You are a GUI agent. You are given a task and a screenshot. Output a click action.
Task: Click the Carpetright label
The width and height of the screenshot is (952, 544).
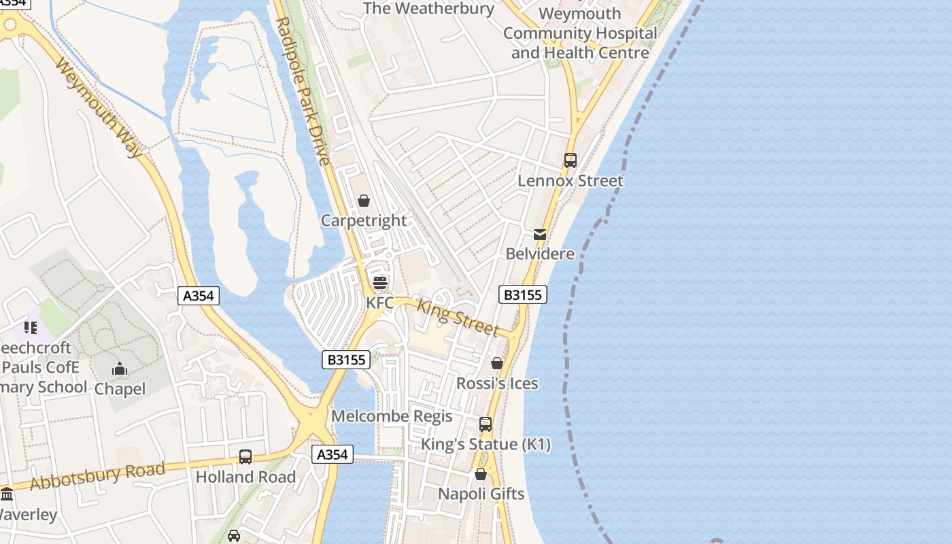[364, 220]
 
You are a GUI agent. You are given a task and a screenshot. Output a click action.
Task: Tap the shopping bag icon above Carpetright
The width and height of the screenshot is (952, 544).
[364, 201]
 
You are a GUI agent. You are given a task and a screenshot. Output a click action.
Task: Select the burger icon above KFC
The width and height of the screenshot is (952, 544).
[380, 282]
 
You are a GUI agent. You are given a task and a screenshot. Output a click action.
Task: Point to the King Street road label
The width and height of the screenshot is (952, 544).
[458, 318]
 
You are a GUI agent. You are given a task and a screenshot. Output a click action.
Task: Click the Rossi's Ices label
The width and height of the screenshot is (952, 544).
[497, 384]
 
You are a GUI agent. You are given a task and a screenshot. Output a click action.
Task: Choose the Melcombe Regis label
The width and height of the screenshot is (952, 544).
[392, 416]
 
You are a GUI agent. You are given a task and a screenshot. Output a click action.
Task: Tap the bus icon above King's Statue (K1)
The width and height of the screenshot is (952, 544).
[486, 424]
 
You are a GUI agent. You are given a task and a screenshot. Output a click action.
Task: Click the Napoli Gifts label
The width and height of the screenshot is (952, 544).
[481, 494]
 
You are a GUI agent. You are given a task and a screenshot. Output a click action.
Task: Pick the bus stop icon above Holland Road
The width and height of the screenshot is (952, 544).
[245, 457]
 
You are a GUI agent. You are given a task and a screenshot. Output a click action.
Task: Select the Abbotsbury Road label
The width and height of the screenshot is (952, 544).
[98, 475]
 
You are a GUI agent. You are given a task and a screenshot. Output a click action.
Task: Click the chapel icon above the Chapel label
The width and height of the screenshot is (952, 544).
[120, 369]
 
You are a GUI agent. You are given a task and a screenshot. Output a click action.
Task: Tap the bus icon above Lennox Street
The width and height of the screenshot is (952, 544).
[571, 160]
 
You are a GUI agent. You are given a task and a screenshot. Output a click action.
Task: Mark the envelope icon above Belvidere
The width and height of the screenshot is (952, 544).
[540, 235]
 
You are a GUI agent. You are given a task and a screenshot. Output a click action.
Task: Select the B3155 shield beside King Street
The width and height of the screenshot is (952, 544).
[523, 294]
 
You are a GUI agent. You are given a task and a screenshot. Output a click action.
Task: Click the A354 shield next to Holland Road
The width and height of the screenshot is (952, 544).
[333, 454]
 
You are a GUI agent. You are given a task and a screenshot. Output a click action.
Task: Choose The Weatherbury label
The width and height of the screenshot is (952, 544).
[429, 9]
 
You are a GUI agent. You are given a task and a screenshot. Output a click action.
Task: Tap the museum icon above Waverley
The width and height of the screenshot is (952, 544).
[7, 494]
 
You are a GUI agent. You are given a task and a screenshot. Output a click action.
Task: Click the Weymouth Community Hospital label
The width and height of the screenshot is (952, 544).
[580, 33]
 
